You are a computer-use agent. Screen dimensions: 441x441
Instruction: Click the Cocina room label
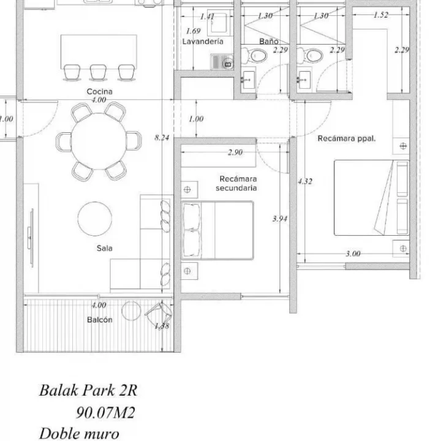99,91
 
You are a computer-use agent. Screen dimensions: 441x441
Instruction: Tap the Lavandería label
202,42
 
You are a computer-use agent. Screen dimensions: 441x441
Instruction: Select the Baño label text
269,42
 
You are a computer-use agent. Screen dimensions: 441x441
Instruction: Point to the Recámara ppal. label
346,138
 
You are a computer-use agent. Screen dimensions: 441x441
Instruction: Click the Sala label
104,248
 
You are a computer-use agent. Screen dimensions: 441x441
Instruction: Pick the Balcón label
99,320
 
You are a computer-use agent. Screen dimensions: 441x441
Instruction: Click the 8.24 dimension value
162,138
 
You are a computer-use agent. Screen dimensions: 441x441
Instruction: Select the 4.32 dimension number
305,181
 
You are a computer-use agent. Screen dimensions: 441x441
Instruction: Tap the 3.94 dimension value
280,219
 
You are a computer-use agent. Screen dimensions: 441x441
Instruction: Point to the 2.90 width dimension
235,152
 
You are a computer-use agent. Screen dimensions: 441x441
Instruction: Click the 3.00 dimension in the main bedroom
353,254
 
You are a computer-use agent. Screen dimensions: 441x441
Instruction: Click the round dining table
99,140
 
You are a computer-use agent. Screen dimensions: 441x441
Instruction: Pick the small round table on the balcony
130,311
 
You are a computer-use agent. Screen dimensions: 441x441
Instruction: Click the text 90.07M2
105,413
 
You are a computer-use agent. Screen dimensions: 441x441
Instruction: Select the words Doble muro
79,434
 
